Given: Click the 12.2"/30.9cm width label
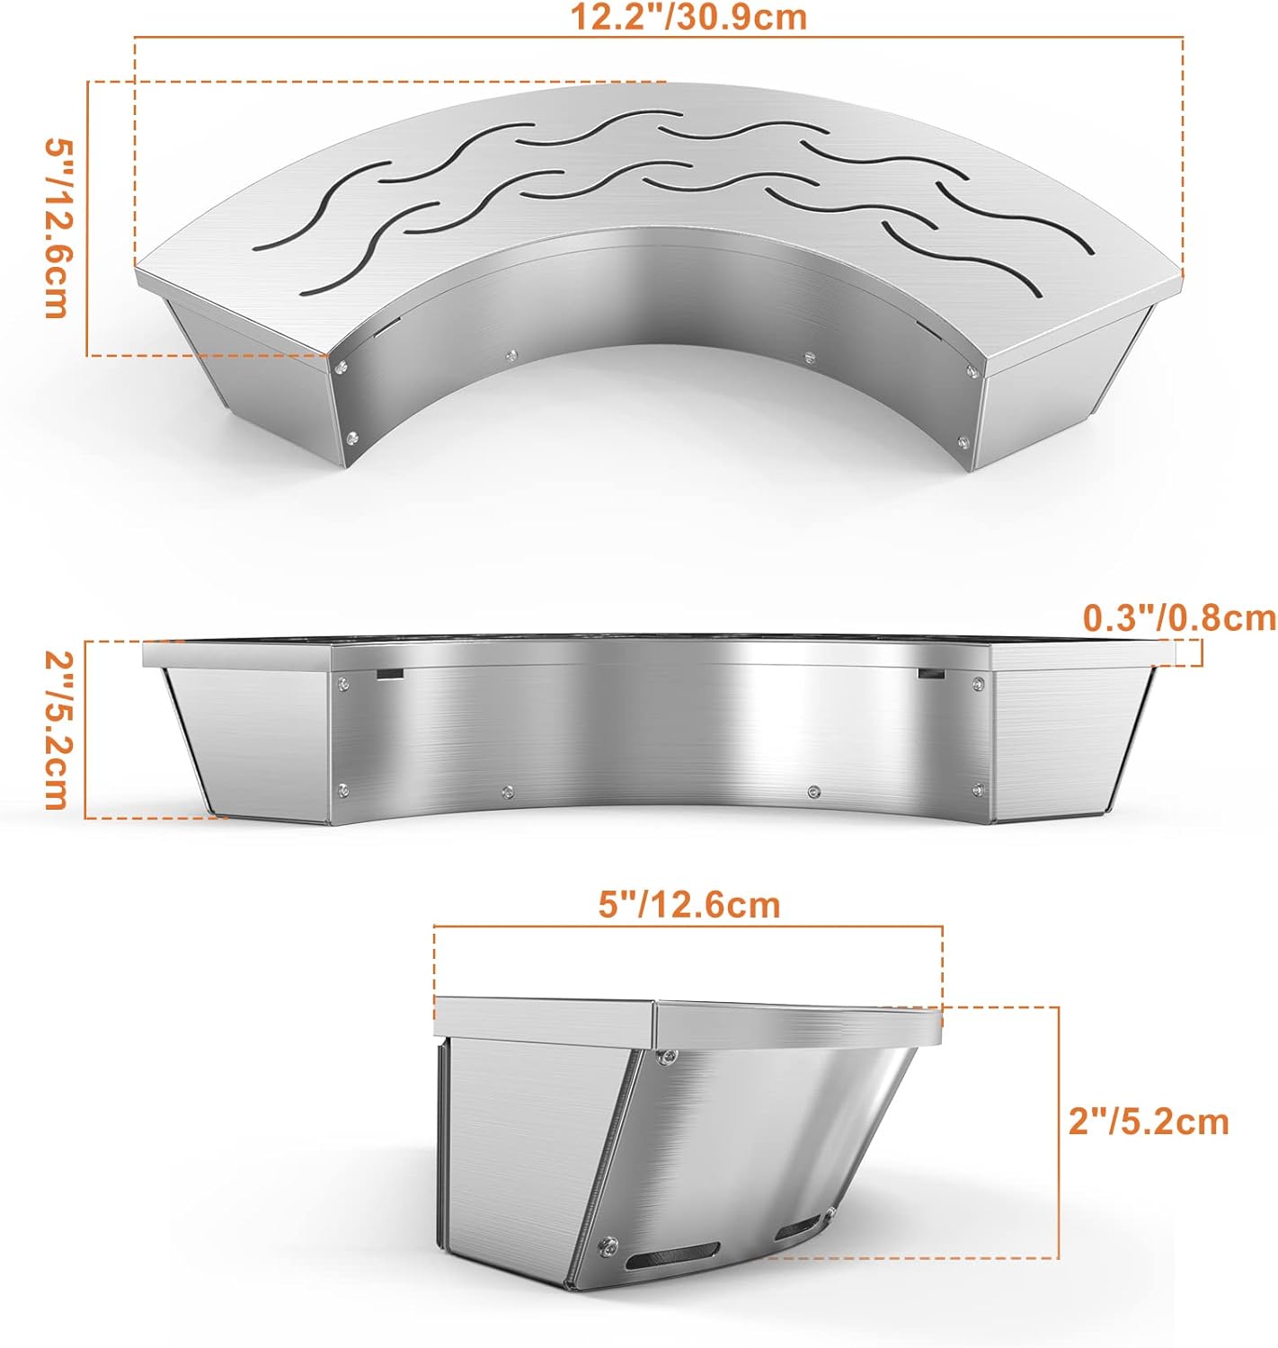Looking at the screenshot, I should pyautogui.click(x=688, y=17).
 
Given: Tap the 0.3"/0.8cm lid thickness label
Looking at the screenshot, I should pyautogui.click(x=1179, y=618).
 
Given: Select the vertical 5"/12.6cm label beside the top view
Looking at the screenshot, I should pyautogui.click(x=56, y=228).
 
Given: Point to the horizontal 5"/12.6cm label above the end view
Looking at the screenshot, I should pyautogui.click(x=689, y=904).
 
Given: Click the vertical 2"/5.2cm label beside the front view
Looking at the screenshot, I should pyautogui.click(x=56, y=730).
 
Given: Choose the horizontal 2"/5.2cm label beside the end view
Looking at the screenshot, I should pyautogui.click(x=1148, y=1122).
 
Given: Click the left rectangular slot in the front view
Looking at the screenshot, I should pyautogui.click(x=390, y=674).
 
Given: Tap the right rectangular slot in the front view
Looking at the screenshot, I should pyautogui.click(x=929, y=673).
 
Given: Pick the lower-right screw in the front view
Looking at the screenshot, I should pyautogui.click(x=977, y=790).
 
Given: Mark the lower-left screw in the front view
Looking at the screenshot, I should pyautogui.click(x=342, y=790).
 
